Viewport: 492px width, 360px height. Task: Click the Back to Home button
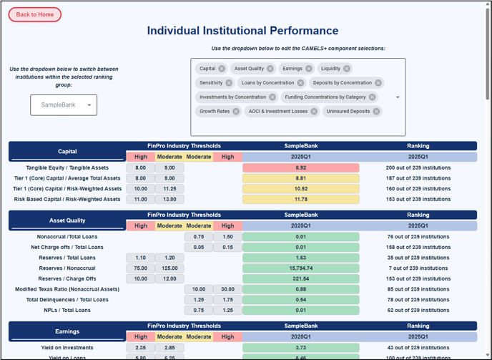(35, 14)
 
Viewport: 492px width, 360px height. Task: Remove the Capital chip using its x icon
(222, 69)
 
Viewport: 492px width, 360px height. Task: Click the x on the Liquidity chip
(347, 69)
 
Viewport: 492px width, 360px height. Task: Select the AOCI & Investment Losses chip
(277, 112)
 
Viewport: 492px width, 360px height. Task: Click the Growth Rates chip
(215, 112)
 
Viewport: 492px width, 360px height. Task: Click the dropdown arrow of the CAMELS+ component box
(398, 97)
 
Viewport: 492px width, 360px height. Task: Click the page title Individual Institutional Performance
(242, 31)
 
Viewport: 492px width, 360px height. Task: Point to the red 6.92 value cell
(300, 167)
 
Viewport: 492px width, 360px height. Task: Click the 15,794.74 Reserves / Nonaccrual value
(300, 268)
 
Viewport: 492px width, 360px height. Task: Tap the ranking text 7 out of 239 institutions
(418, 268)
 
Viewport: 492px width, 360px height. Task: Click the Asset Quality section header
(67, 220)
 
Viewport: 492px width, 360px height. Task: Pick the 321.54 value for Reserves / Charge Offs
(300, 279)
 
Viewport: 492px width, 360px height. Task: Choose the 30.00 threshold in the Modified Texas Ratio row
(227, 289)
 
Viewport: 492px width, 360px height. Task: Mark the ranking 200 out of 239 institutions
(418, 167)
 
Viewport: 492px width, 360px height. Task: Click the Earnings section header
(67, 331)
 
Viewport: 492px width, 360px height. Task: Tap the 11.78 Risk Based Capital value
(300, 200)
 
